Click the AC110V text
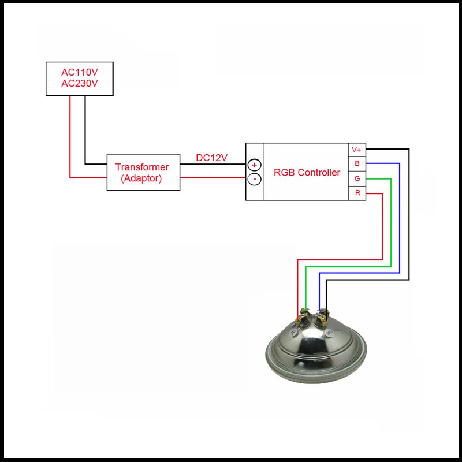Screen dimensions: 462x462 (x=80, y=72)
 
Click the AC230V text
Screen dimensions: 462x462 (x=80, y=83)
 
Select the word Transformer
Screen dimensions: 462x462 (x=142, y=167)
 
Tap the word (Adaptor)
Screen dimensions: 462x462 (x=141, y=178)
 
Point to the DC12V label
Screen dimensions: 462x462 (x=211, y=158)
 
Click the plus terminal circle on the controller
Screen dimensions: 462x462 (x=254, y=165)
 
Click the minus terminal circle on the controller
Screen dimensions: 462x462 (x=254, y=179)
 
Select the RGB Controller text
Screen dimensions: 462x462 (x=307, y=172)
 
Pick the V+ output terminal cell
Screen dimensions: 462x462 (x=357, y=150)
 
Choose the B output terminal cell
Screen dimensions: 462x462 (x=357, y=163)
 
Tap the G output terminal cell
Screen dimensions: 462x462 (x=357, y=178)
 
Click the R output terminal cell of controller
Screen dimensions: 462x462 (x=357, y=193)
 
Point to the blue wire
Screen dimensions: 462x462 (x=400, y=218)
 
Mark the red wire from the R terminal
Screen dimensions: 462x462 (x=382, y=227)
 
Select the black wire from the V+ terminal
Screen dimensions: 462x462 (x=409, y=214)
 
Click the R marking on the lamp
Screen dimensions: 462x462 (x=293, y=333)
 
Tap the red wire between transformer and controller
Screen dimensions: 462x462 (x=213, y=178)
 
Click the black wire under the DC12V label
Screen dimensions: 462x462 (x=213, y=164)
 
